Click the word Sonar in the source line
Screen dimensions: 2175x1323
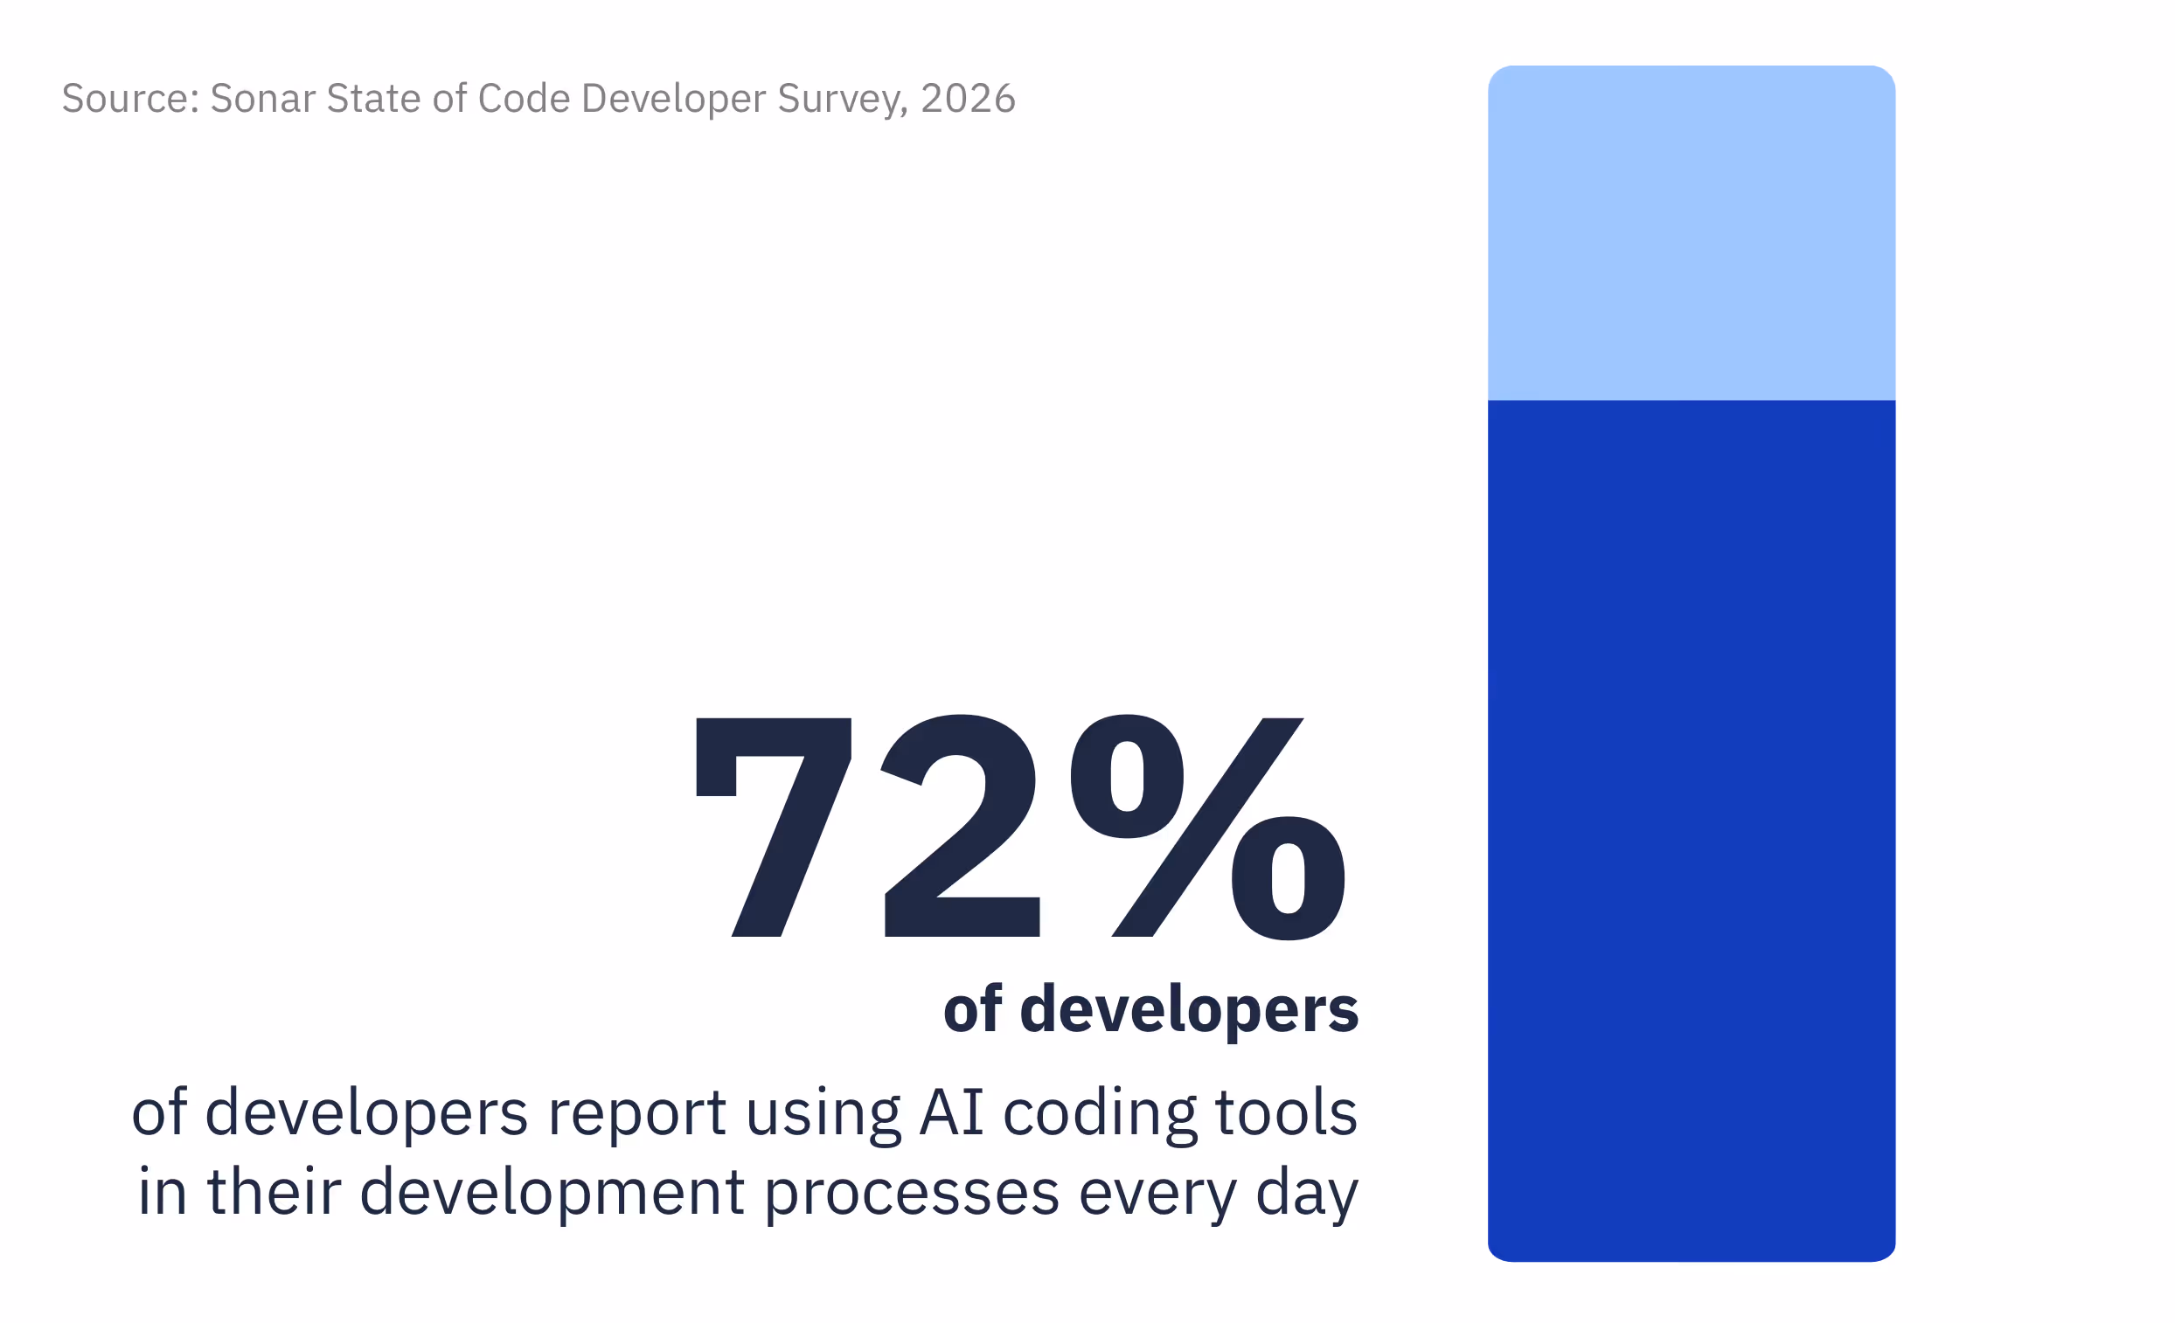coord(262,98)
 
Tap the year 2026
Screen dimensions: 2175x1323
coord(969,98)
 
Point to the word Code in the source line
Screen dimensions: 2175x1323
coord(525,98)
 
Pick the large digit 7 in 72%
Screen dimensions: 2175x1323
coord(774,827)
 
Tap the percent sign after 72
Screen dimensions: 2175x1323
coord(1207,828)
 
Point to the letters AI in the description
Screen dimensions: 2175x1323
coord(951,1112)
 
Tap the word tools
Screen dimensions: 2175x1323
coord(1287,1112)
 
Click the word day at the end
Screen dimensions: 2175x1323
coord(1307,1195)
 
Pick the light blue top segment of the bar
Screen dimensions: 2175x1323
coord(1692,233)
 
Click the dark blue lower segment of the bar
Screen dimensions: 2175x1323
coord(1692,830)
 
